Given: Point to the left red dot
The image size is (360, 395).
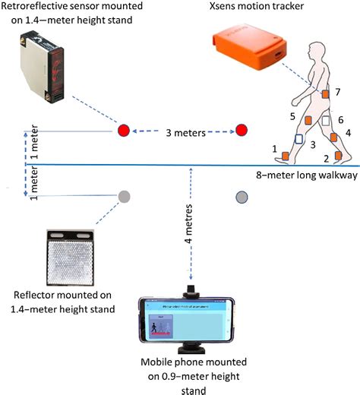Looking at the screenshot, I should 124,131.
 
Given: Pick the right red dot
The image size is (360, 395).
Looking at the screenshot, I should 242,131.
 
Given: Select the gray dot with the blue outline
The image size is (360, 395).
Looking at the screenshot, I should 241,197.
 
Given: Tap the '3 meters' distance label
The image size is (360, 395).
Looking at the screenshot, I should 182,131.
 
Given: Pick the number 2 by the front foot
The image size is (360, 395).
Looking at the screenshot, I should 326,157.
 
